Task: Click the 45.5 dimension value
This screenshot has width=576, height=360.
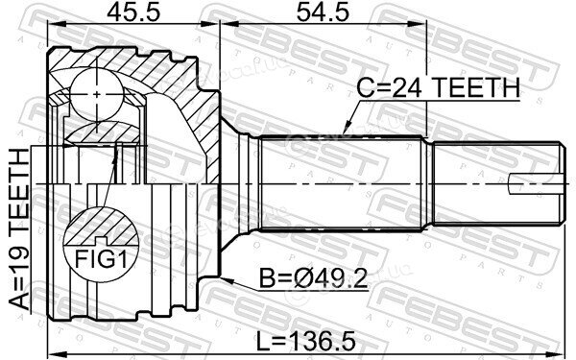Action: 133,12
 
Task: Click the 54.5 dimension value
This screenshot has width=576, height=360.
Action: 323,12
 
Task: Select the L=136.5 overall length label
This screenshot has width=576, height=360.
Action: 305,341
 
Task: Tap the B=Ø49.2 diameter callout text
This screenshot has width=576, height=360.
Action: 313,278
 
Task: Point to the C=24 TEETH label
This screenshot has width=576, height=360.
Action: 439,87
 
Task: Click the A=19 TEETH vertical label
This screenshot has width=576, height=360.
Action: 19,228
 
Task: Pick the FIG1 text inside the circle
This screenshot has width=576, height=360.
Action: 101,259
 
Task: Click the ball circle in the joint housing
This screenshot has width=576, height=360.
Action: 96,94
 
